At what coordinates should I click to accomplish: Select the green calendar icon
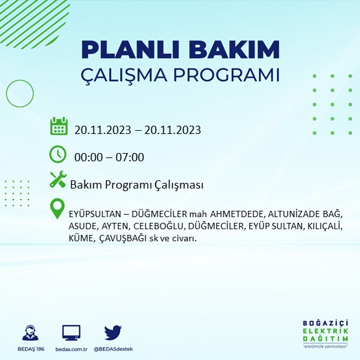click(58, 126)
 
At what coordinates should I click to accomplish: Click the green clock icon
click(58, 154)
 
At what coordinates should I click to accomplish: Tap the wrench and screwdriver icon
click(58, 181)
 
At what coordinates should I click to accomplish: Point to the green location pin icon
click(58, 208)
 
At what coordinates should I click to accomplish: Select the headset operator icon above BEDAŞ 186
click(29, 333)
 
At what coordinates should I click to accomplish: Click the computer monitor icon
click(71, 333)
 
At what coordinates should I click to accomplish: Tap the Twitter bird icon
click(113, 333)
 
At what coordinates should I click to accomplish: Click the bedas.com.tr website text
click(71, 349)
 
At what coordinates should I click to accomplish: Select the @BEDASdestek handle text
click(113, 349)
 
